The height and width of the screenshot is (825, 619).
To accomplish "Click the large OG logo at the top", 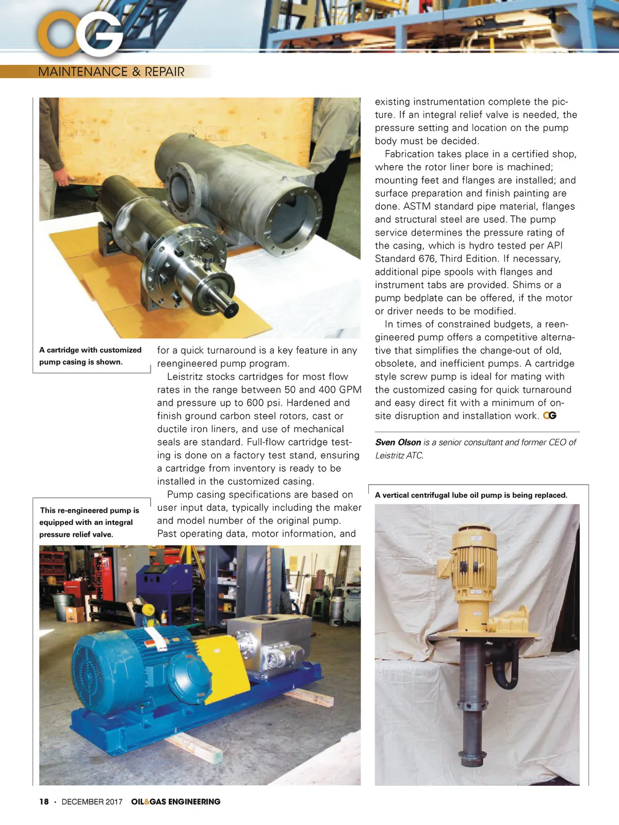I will [80, 33].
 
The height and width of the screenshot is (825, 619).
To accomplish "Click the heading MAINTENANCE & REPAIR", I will [111, 72].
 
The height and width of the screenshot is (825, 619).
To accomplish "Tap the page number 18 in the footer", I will [44, 801].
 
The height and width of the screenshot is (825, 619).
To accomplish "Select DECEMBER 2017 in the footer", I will [92, 801].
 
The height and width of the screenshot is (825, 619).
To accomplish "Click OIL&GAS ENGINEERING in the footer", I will [175, 801].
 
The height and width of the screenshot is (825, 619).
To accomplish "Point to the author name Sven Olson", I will [398, 442].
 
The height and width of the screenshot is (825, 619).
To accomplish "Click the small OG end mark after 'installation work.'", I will [550, 416].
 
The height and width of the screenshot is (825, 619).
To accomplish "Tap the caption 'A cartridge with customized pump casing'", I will [90, 356].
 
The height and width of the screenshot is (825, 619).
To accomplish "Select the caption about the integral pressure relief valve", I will [89, 522].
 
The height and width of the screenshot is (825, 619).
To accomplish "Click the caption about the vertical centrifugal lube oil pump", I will [471, 495].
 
